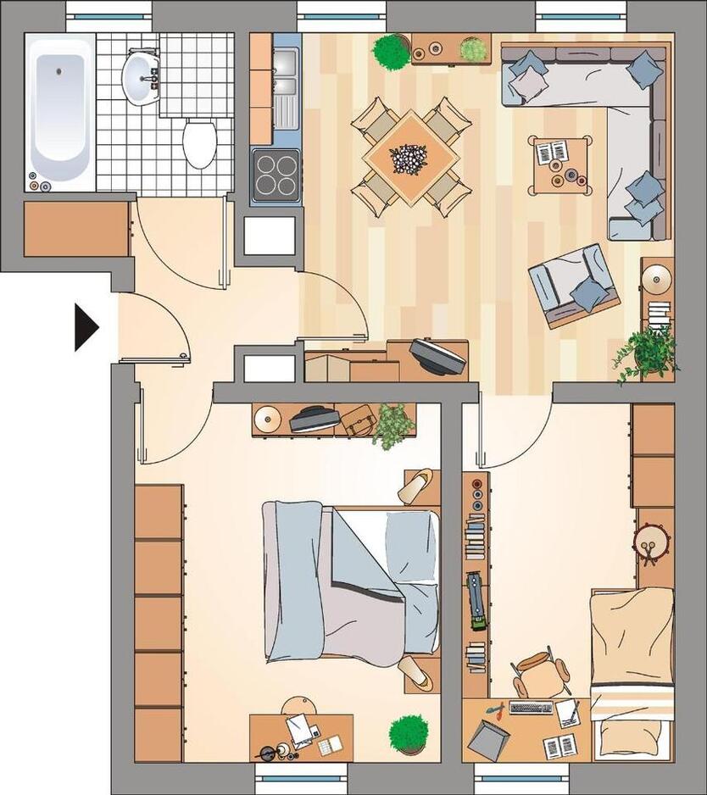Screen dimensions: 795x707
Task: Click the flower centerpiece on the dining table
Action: [x=410, y=158]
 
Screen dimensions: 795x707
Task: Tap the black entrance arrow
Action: [x=86, y=326]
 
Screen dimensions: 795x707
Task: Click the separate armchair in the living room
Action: [x=572, y=285]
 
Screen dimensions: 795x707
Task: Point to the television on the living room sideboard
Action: [x=437, y=355]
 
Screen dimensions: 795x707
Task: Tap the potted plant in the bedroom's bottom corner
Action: [x=409, y=732]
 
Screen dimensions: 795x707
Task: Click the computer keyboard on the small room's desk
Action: [x=531, y=708]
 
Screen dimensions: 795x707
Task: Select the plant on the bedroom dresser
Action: [x=393, y=425]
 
